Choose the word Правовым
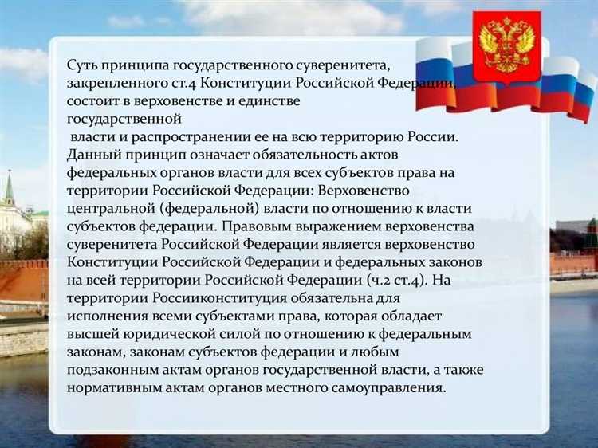pyautogui.click(x=260, y=227)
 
